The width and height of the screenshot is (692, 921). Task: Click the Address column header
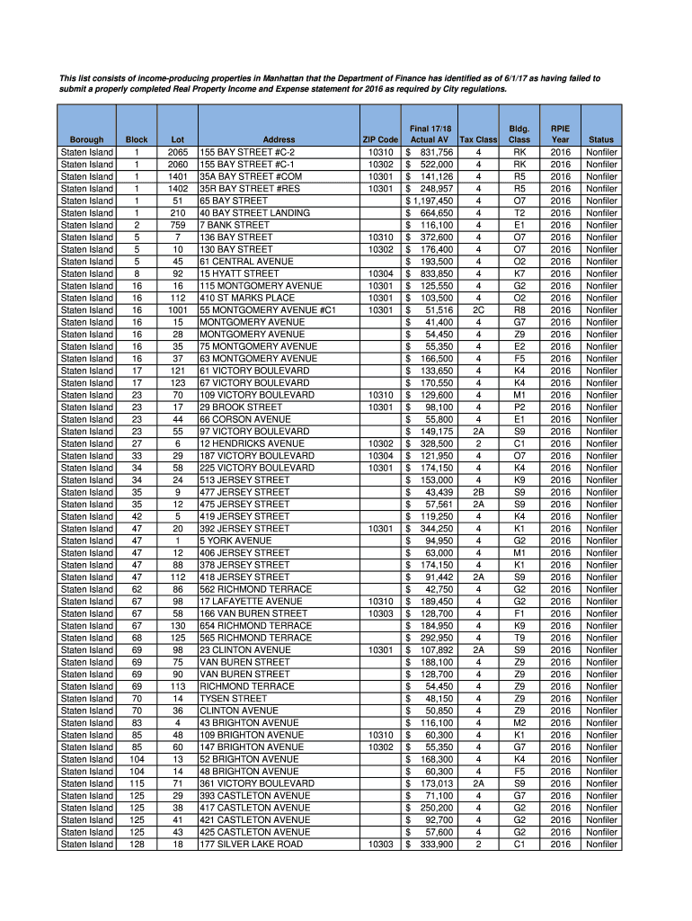click(x=279, y=140)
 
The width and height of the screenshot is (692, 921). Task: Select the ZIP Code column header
click(x=380, y=140)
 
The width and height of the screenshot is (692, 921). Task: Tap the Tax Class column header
click(x=478, y=140)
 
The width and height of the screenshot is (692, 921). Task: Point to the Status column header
click(x=601, y=140)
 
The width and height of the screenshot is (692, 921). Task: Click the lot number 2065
click(x=177, y=152)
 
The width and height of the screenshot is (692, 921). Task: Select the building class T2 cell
click(x=519, y=213)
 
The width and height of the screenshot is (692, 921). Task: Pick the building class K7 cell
click(x=519, y=273)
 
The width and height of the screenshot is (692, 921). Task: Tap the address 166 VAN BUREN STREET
click(x=253, y=613)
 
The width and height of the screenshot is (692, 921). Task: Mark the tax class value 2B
click(x=478, y=492)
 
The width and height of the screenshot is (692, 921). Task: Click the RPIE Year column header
click(x=561, y=135)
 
